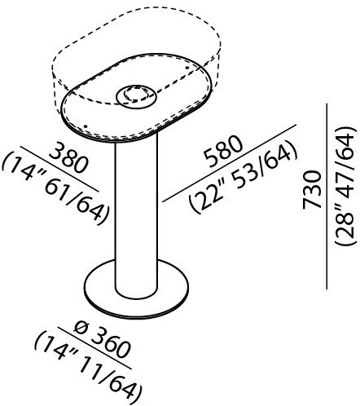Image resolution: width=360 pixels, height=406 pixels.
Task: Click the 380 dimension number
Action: (68, 157)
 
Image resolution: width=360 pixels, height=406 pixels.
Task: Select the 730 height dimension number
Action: (312, 189)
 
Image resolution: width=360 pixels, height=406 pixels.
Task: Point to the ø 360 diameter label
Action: (101, 341)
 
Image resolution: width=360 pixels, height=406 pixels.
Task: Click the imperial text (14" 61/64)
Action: (55, 191)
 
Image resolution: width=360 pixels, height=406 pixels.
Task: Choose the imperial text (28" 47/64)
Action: (345, 186)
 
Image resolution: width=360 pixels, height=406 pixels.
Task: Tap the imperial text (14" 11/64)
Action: (88, 368)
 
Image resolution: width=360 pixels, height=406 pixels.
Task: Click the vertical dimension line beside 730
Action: (327, 196)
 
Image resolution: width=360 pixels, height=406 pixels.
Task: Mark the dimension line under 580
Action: (229, 163)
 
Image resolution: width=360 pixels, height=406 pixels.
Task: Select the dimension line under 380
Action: (59, 168)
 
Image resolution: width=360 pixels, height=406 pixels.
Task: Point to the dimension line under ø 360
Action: (95, 349)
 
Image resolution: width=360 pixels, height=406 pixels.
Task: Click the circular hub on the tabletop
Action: (136, 96)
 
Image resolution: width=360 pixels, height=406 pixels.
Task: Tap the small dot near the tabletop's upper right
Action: (187, 68)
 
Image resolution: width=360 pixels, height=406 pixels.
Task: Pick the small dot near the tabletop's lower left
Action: (86, 126)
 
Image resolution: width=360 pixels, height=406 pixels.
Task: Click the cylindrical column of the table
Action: (136, 218)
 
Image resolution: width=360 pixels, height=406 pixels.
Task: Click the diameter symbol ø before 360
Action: (81, 329)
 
